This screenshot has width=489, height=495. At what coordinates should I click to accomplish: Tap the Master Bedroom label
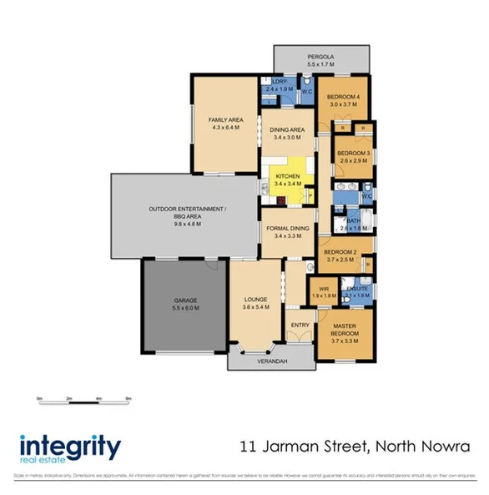point(345,330)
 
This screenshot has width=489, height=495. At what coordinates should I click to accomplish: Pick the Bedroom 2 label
point(340,255)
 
